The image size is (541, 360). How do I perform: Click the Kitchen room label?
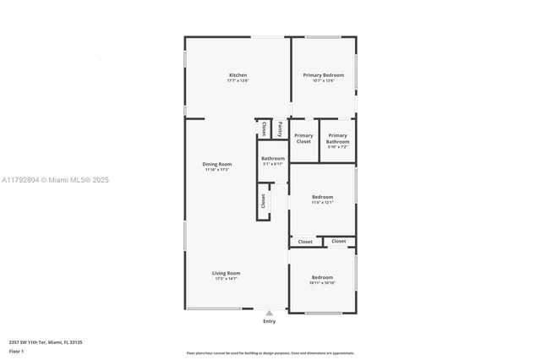[x=238, y=75]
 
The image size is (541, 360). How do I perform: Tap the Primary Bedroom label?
[x=324, y=75]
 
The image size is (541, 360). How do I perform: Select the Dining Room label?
[x=216, y=164]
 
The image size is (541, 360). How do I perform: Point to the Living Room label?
[x=226, y=273]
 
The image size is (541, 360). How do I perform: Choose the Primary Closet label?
[x=303, y=139]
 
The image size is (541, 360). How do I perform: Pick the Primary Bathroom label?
[x=337, y=139]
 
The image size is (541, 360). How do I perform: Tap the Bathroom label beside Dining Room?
[x=272, y=158]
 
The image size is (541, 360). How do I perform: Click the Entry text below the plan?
[x=269, y=321]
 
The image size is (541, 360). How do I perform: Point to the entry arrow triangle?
[x=269, y=313]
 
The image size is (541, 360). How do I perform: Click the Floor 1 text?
[x=17, y=351]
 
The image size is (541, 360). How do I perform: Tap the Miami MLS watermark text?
[x=55, y=180]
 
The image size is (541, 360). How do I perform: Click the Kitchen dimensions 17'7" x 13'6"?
[x=238, y=81]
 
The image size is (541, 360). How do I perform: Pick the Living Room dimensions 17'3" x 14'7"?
[x=226, y=279]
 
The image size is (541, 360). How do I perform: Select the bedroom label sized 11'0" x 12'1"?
[x=322, y=197]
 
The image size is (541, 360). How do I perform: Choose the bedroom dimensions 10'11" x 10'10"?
[x=322, y=283]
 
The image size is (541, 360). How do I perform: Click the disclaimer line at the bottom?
[x=270, y=352]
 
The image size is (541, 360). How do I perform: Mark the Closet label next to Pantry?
[x=264, y=128]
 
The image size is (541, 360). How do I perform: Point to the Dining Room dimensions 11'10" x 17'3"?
[x=216, y=170]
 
